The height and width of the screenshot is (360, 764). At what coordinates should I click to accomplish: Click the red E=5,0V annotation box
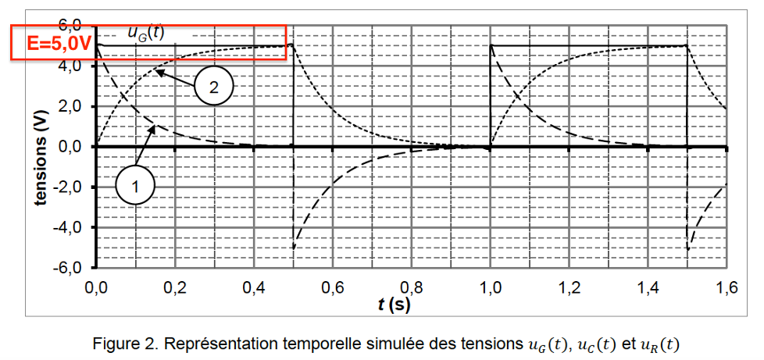pyautogui.click(x=148, y=43)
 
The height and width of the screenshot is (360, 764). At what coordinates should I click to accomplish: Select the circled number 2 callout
pyautogui.click(x=213, y=85)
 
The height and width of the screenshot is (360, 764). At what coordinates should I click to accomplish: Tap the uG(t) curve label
pyautogui.click(x=145, y=33)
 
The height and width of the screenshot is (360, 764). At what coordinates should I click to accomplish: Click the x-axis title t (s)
pyautogui.click(x=393, y=304)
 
